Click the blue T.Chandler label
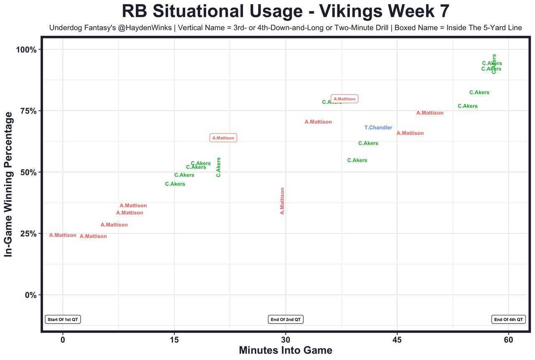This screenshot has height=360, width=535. [378, 128]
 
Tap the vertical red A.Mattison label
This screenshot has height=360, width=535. [282, 201]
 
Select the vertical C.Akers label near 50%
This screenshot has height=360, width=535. [218, 167]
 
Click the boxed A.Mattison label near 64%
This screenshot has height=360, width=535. [223, 138]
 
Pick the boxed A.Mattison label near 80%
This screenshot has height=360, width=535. [344, 99]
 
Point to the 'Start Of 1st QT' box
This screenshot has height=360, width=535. [63, 319]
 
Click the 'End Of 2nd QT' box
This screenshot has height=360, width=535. [285, 319]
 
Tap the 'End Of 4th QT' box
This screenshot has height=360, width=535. [508, 319]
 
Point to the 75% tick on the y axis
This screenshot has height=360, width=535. [29, 111]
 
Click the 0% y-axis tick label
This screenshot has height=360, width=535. [31, 295]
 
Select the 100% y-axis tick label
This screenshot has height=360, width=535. [27, 50]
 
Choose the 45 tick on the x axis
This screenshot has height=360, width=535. [397, 340]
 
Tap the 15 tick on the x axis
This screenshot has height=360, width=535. [174, 340]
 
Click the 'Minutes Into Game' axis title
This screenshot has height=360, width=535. [285, 350]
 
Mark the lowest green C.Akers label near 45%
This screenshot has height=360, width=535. [175, 184]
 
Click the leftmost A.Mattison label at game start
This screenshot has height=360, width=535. [63, 235]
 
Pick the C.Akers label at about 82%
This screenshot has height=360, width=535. [479, 92]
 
